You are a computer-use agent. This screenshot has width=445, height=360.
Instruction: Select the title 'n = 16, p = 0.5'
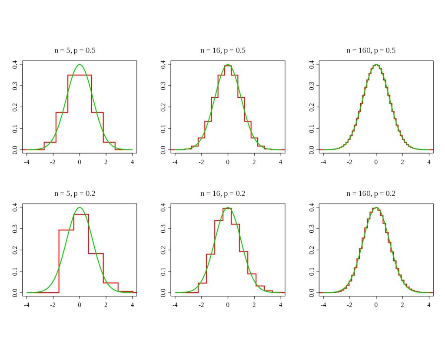pyautogui.click(x=222, y=50)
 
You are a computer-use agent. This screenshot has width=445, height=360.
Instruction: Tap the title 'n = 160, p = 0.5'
pyautogui.click(x=371, y=50)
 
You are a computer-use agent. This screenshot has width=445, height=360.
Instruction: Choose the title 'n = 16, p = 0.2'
pyautogui.click(x=222, y=194)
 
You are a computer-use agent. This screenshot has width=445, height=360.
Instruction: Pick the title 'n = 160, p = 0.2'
pyautogui.click(x=371, y=194)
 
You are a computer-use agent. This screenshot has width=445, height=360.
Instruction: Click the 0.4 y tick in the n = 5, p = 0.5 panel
pyautogui.click(x=15, y=64)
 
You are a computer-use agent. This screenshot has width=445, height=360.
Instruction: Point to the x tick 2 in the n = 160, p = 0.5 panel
pyautogui.click(x=403, y=162)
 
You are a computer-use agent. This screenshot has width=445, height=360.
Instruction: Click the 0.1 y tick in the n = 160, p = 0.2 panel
pyautogui.click(x=312, y=271)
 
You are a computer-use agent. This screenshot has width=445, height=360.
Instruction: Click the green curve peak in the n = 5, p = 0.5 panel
pyautogui.click(x=80, y=65)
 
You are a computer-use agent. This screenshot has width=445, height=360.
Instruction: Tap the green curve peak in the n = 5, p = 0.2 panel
pyautogui.click(x=80, y=208)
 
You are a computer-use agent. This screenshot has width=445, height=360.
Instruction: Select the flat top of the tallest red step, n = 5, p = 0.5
pyautogui.click(x=80, y=75)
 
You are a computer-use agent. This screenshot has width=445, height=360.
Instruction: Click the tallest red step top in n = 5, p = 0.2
pyautogui.click(x=81, y=214)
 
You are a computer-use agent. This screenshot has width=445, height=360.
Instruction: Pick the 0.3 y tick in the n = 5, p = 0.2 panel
pyautogui.click(x=15, y=228)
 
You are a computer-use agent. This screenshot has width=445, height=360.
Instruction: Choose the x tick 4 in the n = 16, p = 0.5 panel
pyautogui.click(x=281, y=162)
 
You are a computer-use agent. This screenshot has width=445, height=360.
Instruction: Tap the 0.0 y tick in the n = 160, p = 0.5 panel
pyautogui.click(x=312, y=149)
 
